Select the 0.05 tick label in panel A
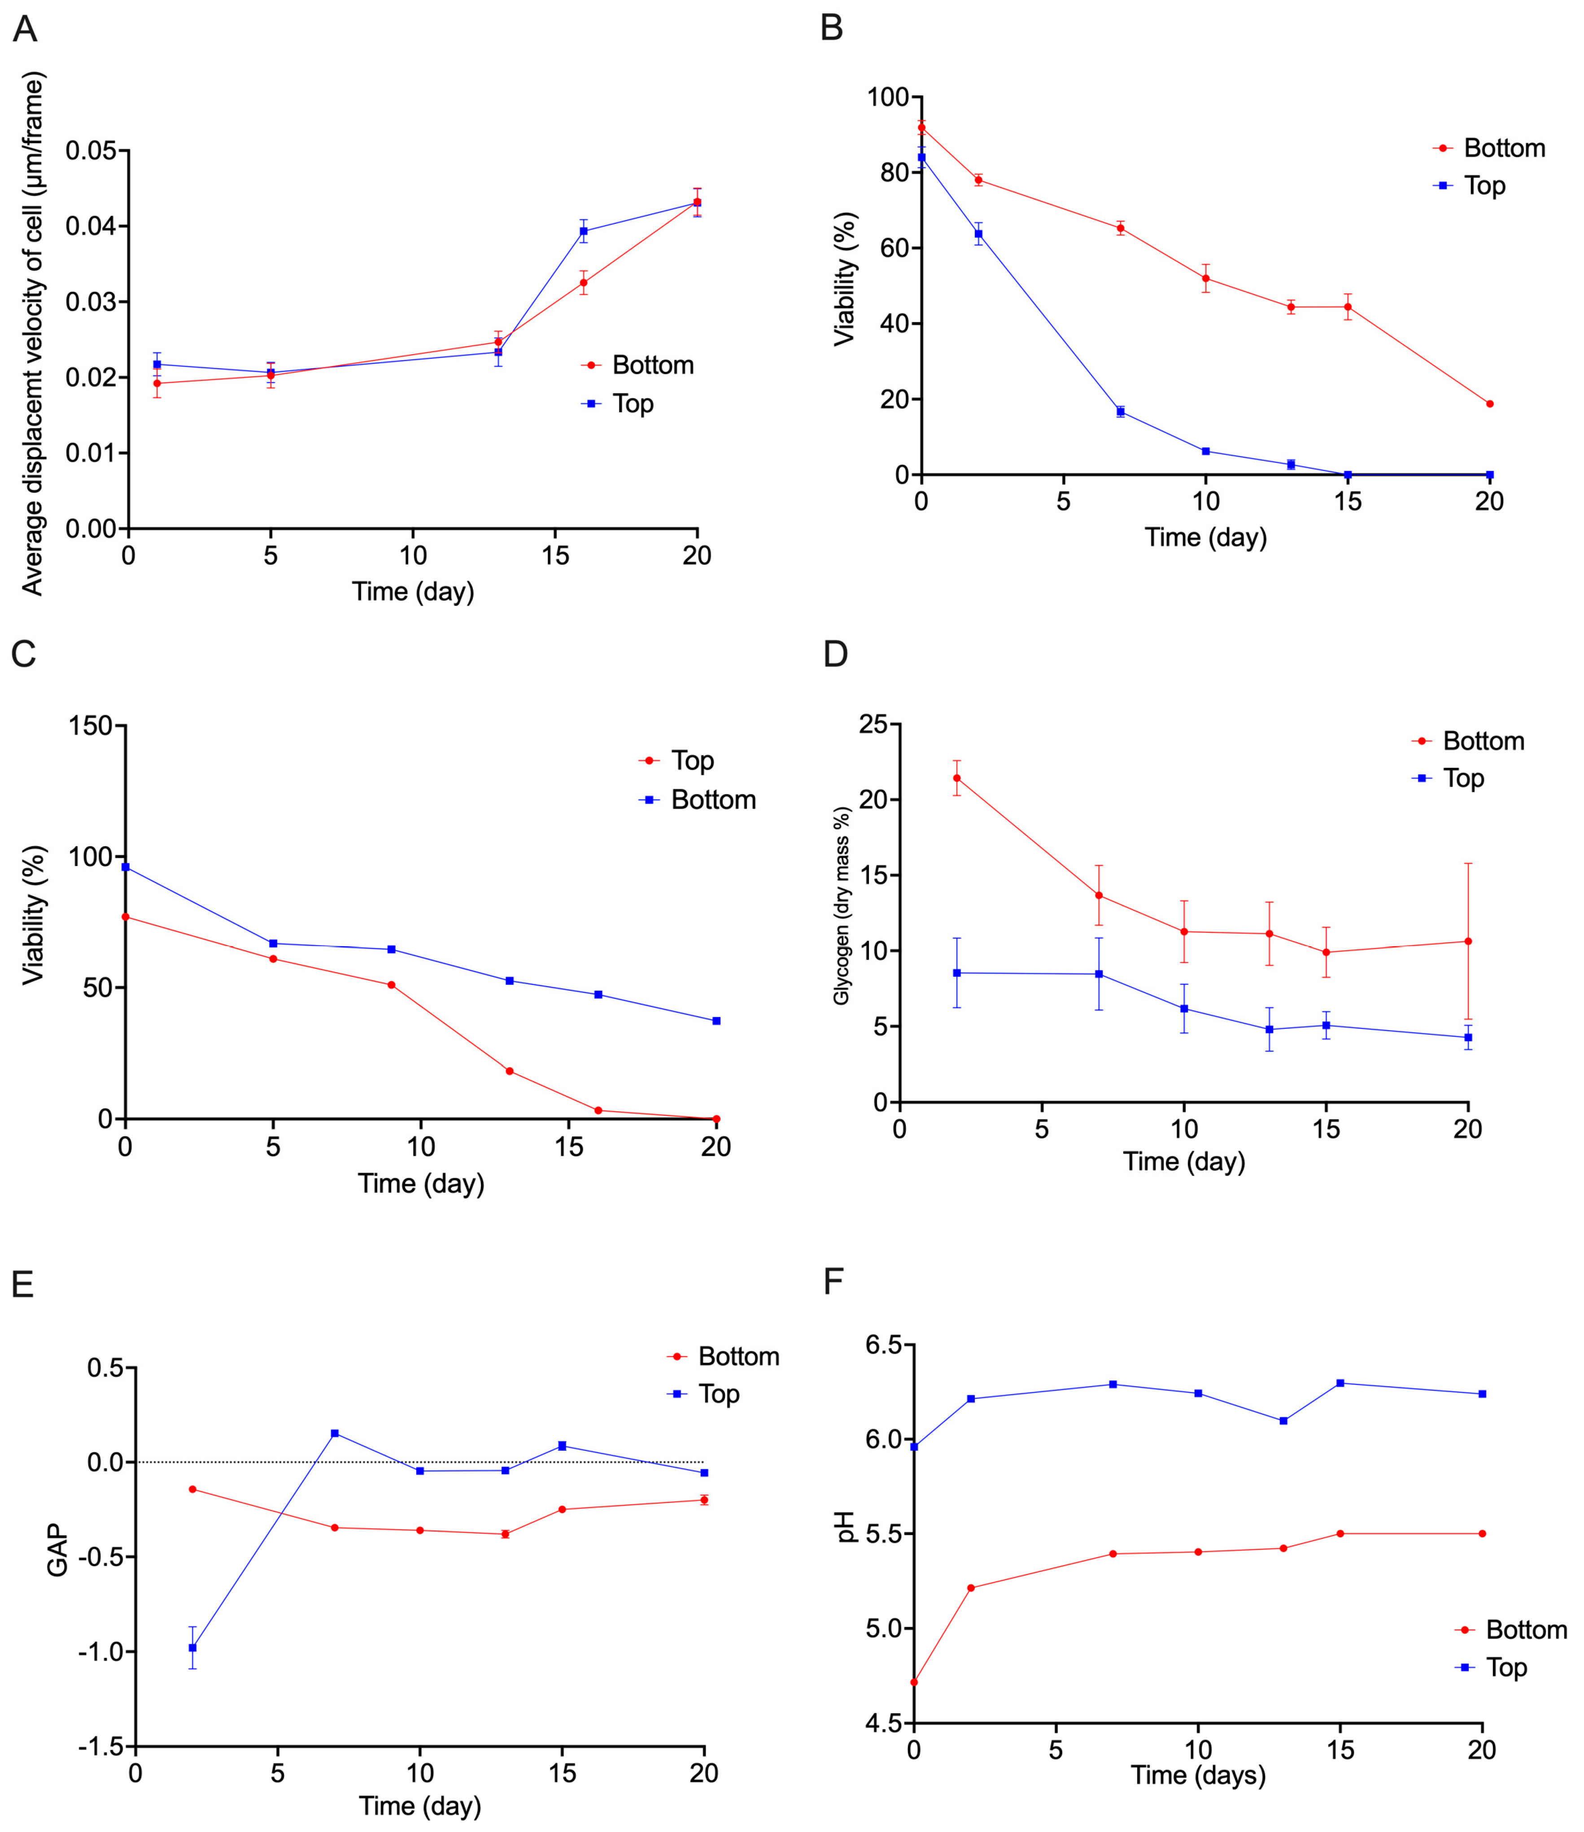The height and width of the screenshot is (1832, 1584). (91, 151)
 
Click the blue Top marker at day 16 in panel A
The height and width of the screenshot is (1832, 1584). (584, 232)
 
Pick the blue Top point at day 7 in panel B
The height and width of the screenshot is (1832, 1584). (1121, 411)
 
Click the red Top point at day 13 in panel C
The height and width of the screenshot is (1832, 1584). (510, 1071)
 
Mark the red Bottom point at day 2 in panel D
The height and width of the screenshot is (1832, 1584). (956, 778)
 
